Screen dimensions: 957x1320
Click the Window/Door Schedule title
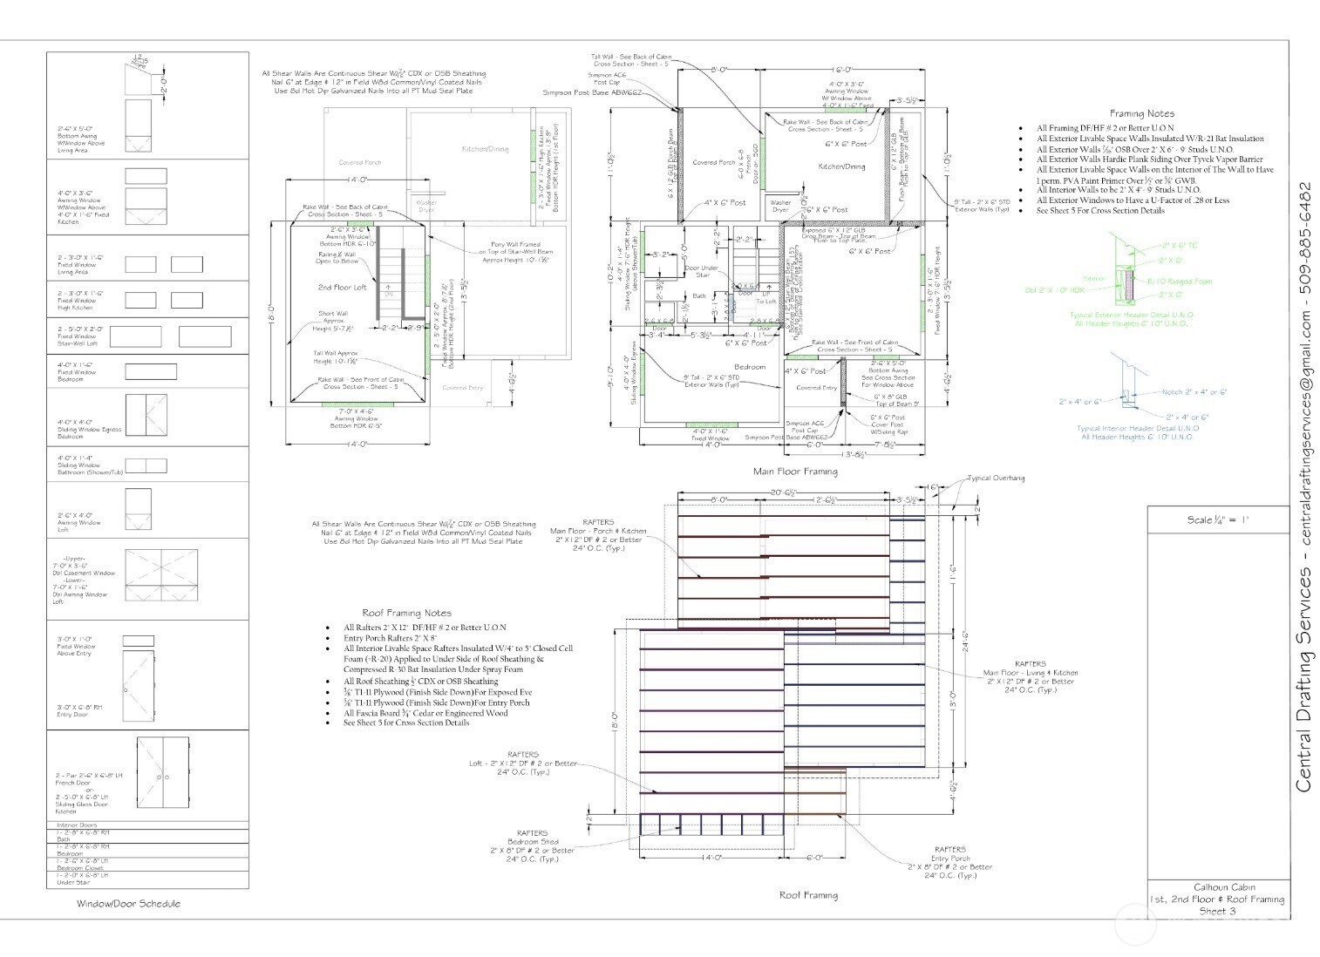128,904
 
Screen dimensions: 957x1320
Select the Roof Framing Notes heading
406,613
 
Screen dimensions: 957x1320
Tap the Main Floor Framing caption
795,472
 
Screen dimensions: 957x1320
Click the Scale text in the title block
1218,519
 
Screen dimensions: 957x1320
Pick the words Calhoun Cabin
1217,887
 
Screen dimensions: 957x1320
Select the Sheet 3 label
1217,911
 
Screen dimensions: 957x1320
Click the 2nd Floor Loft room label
342,287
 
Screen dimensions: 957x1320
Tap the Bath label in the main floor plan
699,296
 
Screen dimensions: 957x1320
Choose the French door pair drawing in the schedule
162,771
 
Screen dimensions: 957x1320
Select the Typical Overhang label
996,478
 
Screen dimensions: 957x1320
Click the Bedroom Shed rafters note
532,845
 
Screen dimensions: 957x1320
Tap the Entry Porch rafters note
949,862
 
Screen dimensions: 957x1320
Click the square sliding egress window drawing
146,417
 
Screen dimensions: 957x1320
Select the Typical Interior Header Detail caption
1137,428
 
